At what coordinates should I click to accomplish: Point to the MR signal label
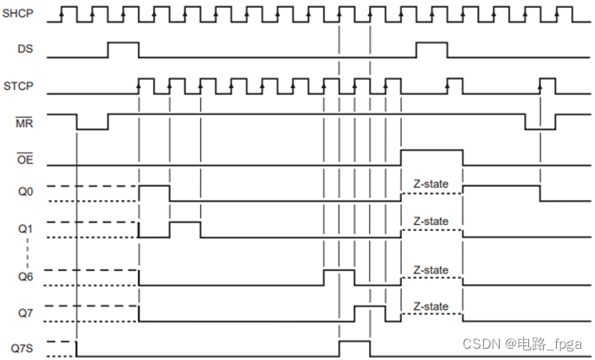(x=24, y=124)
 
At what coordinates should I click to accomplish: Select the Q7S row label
(x=21, y=348)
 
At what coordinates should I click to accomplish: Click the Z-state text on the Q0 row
(x=430, y=184)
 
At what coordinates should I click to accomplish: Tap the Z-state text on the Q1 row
(x=430, y=222)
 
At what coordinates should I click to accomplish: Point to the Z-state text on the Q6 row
(x=430, y=270)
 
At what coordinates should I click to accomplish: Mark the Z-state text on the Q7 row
(x=430, y=306)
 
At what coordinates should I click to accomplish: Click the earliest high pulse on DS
(x=123, y=49)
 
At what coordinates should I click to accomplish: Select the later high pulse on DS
(x=430, y=49)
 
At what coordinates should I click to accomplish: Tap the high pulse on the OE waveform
(x=431, y=157)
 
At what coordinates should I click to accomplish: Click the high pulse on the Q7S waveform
(x=354, y=348)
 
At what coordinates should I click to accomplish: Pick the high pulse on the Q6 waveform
(x=339, y=277)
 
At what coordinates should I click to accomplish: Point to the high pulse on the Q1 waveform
(x=184, y=228)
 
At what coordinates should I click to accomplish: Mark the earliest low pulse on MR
(x=93, y=122)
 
